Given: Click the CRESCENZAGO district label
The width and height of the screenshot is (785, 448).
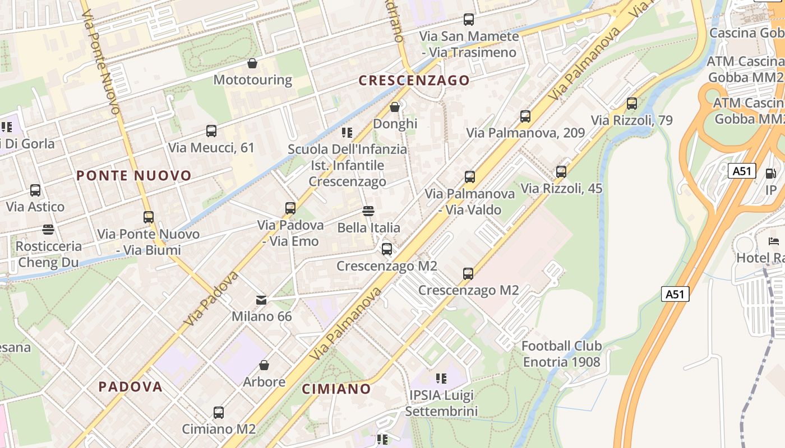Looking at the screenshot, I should coord(414,80).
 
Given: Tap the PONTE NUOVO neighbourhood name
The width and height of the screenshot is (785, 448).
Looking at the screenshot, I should coord(134,176).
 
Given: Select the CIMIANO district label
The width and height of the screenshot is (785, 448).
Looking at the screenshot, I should coord(336,389).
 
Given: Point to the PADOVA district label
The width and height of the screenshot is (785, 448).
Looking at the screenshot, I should coord(130,386).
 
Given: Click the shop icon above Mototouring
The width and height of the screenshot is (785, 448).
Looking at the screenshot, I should coord(252,63).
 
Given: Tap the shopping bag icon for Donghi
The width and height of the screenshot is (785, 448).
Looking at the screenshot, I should coord(395,106).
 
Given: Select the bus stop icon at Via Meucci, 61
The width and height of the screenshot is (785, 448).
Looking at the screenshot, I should coord(211,131).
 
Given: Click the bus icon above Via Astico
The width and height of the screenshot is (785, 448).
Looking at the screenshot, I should coord(35,190).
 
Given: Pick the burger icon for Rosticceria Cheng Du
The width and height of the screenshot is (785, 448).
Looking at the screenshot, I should coord(48,230).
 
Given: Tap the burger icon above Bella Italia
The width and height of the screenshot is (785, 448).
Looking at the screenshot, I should coord(368,211).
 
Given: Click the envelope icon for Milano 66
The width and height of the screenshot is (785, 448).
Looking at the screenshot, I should coord(261,300).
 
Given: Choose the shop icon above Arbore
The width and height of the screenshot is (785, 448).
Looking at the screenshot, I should coord(264,366).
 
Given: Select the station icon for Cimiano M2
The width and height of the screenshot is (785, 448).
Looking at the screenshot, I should coord(219,413).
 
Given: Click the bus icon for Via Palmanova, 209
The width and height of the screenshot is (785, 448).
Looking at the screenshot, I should coord(525,116).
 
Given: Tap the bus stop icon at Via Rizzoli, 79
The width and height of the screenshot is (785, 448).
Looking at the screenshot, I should coord(632,104).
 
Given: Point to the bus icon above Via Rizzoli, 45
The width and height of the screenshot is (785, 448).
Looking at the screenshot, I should coord(561,172).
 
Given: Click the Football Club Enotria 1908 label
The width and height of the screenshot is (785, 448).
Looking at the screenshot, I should coord(561,354).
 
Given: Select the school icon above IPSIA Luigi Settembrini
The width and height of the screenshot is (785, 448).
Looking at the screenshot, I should coord(441,379).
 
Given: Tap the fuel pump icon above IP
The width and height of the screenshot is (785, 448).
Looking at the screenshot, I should coord(771,174).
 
